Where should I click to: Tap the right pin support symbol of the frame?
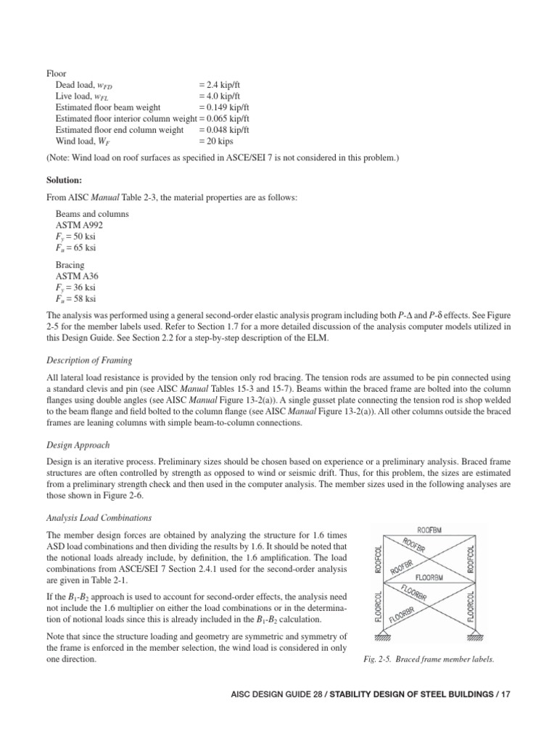pos(476,636)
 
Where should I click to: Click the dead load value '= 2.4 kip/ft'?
pos(224,85)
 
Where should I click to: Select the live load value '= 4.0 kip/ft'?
pos(224,96)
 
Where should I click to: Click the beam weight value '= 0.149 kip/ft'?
pos(226,107)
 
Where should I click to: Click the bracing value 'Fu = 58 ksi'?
pos(76,298)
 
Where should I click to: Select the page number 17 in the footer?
pos(506,694)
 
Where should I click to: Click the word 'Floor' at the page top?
pos(56,73)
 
